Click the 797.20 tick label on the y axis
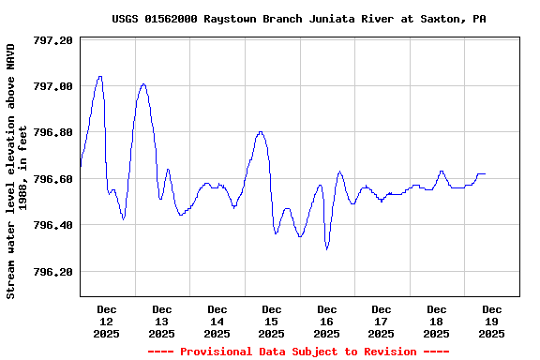coord(52,41)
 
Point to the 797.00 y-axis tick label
coord(52,87)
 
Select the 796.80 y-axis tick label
coord(52,133)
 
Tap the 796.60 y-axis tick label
coord(52,179)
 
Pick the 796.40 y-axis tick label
coord(52,226)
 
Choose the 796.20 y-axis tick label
coord(52,272)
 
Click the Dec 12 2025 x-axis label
coord(107,321)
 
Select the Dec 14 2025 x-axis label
coord(217,321)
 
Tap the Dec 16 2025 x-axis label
coord(326,321)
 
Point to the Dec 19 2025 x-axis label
coord(491,321)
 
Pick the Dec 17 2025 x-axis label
coord(382,321)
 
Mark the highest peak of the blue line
coord(100,77)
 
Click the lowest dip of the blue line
coord(326,248)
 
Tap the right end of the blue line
coord(485,173)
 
